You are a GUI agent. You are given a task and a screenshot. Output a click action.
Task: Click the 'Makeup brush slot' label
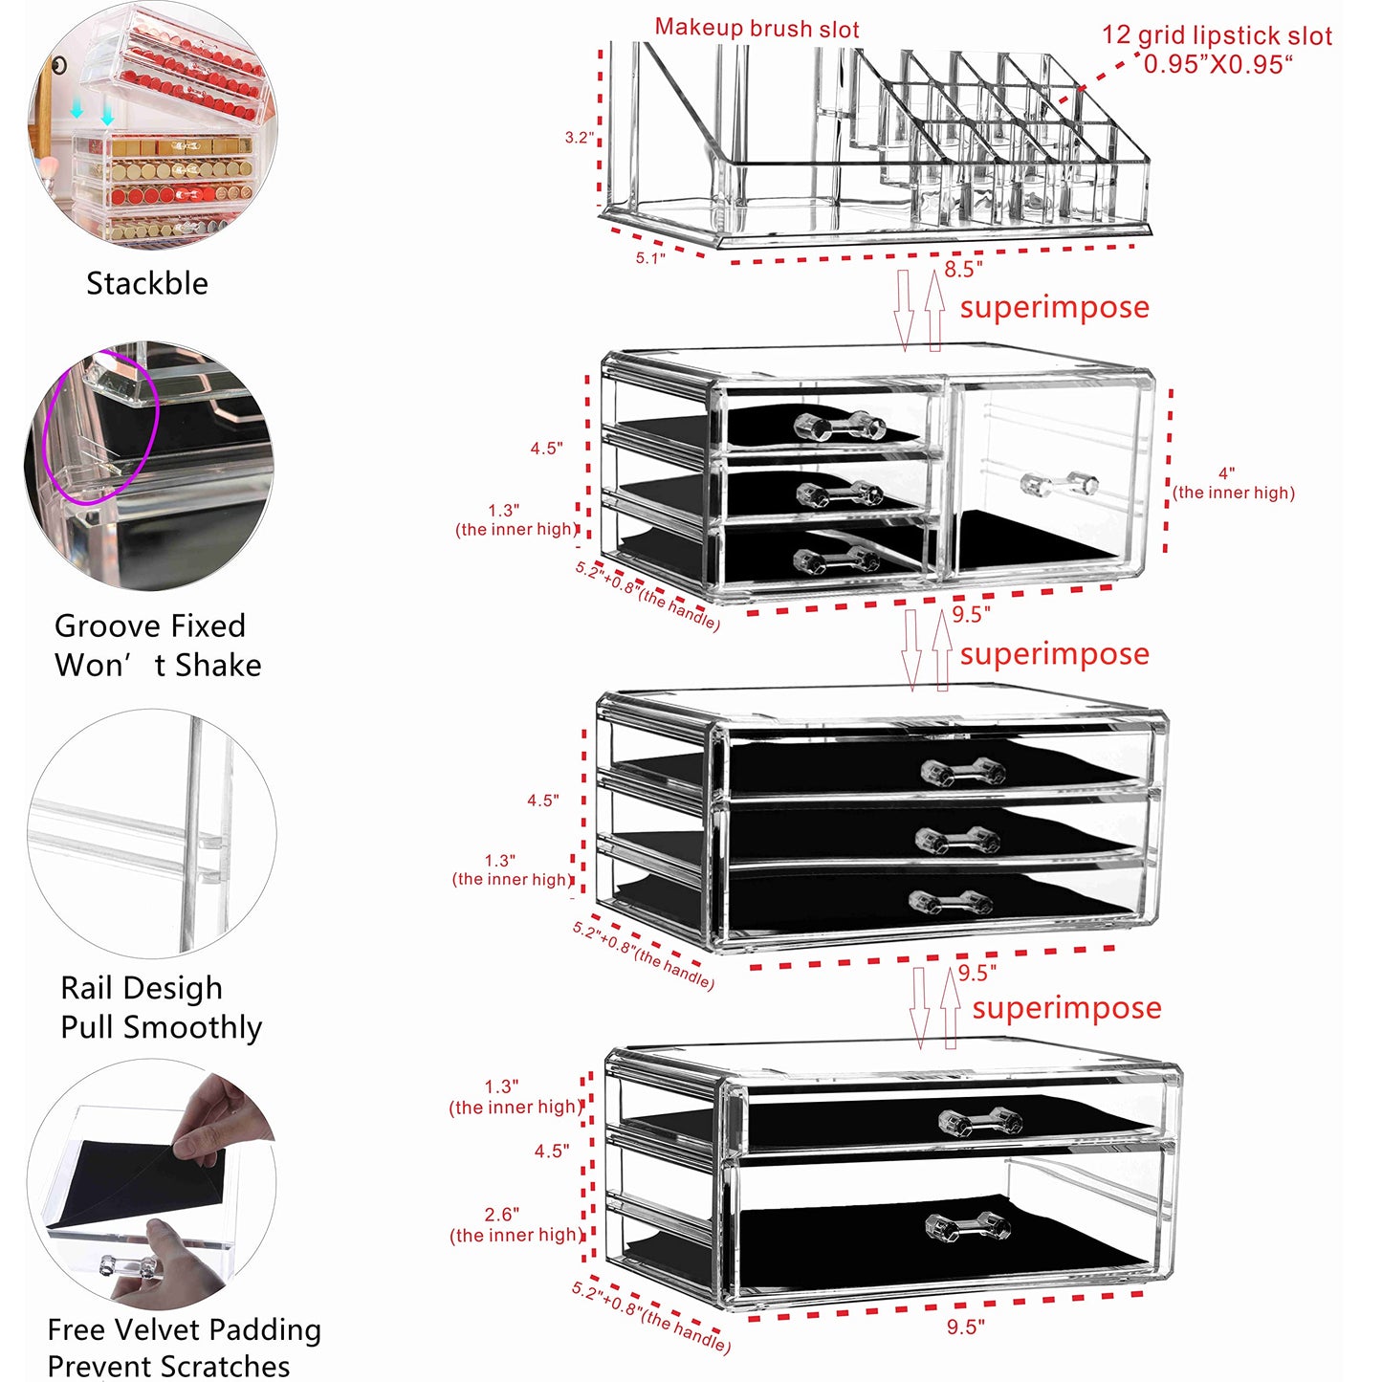[x=757, y=29]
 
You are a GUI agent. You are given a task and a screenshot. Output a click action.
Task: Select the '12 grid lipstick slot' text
[x=1216, y=36]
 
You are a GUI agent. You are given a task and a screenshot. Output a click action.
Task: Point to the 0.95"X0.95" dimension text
[x=1217, y=65]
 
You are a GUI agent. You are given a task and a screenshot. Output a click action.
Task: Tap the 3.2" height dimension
[x=579, y=138]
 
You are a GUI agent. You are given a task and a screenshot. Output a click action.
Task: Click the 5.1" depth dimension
[x=650, y=258]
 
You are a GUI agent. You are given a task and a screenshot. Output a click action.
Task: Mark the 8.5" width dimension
[x=963, y=270]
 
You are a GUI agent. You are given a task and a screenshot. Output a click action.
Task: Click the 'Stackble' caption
[x=147, y=284]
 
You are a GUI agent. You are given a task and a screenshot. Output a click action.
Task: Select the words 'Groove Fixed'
[x=150, y=626]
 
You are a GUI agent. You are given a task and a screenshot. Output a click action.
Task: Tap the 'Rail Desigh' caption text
[x=142, y=988]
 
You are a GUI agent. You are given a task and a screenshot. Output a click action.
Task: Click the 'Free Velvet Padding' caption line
[x=184, y=1329]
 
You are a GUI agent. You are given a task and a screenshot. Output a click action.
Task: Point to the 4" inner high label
[x=1227, y=473]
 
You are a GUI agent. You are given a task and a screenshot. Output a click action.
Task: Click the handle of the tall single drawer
[x=1059, y=484]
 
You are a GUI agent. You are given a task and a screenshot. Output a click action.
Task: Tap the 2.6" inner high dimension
[x=501, y=1215]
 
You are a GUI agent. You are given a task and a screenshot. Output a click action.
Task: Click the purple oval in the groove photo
[x=100, y=426]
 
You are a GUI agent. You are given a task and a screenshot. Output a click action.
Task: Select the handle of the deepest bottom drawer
[x=968, y=1227]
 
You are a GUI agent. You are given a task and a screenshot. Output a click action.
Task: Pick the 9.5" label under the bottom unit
[x=965, y=1327]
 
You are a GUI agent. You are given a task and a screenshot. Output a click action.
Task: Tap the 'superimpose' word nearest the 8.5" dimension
[x=1054, y=308]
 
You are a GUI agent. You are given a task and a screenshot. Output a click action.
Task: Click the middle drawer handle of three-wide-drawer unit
[x=957, y=840]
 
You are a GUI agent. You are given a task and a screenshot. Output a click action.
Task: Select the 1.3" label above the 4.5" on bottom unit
[x=501, y=1087]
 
